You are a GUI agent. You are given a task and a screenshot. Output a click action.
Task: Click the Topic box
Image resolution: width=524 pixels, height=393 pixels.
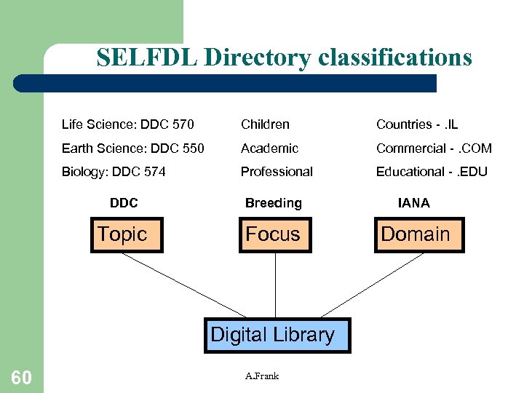(127, 234)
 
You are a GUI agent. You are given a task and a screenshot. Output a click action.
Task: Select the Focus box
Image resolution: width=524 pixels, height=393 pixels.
(275, 234)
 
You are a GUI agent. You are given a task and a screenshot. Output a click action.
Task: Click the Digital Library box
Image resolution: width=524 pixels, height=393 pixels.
(277, 336)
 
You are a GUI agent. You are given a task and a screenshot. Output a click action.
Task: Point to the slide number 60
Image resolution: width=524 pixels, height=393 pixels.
(21, 377)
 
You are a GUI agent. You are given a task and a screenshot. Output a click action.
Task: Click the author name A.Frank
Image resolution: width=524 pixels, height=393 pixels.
(262, 376)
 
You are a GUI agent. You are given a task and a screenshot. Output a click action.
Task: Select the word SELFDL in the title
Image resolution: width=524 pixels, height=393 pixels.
(147, 57)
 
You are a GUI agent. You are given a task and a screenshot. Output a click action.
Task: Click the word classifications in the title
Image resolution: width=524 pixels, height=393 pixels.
(390, 57)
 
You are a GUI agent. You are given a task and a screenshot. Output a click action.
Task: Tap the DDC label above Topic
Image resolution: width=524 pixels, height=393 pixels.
(124, 203)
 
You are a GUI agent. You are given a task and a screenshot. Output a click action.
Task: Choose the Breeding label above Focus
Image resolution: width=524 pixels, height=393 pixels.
(273, 203)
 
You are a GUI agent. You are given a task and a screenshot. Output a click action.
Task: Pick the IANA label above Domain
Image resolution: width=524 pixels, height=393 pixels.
(413, 203)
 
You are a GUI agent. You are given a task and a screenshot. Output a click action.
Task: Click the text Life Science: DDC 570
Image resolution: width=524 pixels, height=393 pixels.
(127, 124)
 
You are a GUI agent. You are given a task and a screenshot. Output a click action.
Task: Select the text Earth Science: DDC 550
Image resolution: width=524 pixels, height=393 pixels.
(133, 148)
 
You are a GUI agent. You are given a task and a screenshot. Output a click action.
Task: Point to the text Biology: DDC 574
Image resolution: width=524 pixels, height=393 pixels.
(114, 172)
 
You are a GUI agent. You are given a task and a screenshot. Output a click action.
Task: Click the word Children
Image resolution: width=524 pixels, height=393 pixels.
(265, 124)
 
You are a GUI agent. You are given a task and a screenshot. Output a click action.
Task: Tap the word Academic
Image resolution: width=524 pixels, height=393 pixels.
(269, 148)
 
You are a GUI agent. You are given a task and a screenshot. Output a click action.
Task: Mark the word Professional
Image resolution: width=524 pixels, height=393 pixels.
(277, 172)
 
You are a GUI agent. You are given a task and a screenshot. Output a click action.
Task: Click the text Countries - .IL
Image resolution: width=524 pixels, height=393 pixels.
(417, 124)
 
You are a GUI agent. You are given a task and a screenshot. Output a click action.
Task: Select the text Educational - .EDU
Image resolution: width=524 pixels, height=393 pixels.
(432, 172)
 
